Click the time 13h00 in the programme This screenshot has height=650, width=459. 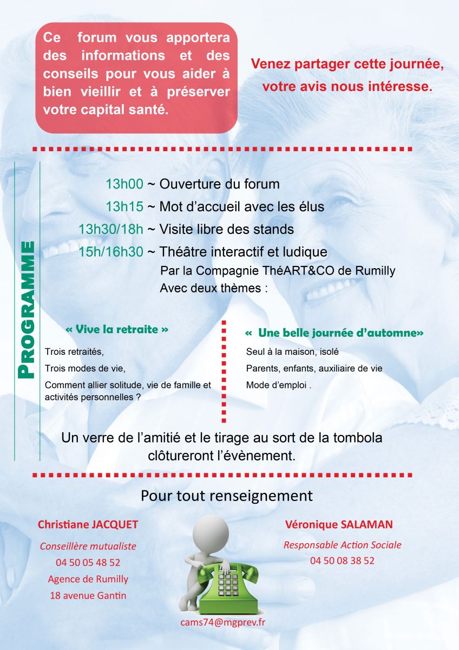pos(124,184)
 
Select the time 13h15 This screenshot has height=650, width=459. pos(124,206)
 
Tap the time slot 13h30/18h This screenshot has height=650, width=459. pos(111,229)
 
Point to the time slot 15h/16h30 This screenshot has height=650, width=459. pos(111,252)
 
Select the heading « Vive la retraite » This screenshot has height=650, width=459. pos(117,329)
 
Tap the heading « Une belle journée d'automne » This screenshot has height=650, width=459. pos(334,333)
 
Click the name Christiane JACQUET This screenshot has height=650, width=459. pos(88,525)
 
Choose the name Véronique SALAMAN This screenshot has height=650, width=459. pos(338,525)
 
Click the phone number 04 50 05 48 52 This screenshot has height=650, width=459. pos(88,563)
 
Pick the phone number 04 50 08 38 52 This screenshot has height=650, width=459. pos(342,561)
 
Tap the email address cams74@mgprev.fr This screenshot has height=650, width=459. pos(222,622)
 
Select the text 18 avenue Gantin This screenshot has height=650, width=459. pos(88,595)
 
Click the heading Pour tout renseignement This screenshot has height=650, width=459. pos(227,496)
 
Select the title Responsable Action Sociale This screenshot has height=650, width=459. pos(342,545)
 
